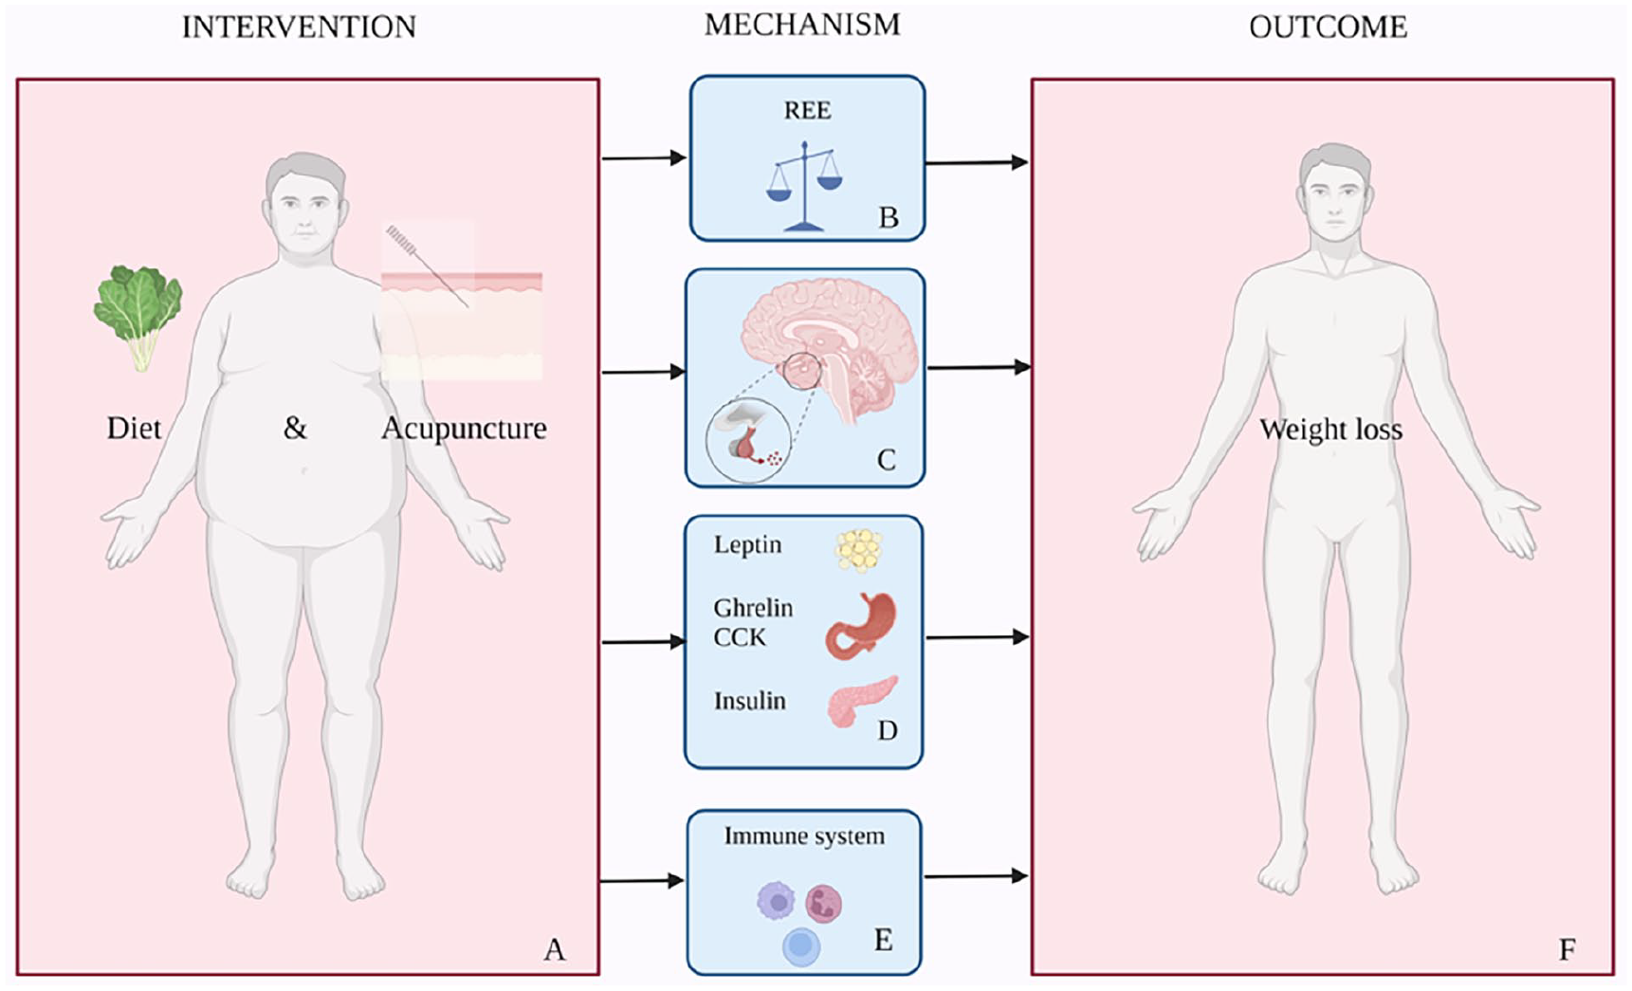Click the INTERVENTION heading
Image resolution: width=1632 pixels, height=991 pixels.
(x=299, y=27)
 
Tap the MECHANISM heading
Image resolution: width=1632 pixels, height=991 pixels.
(x=802, y=25)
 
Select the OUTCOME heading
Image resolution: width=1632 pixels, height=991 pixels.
(x=1328, y=28)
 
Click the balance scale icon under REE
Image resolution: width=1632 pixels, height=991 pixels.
(x=804, y=186)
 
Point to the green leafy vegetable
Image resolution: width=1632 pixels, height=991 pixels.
(x=138, y=312)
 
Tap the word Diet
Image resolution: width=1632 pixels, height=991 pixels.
(x=134, y=429)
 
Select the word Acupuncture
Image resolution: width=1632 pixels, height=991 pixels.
(x=464, y=429)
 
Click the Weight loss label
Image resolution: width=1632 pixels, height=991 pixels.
(x=1330, y=430)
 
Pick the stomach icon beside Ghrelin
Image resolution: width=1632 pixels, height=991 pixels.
(x=860, y=626)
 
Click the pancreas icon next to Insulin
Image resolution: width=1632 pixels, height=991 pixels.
(x=861, y=701)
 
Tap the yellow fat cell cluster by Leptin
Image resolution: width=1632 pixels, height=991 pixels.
(x=859, y=550)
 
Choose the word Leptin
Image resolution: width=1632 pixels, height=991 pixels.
(x=747, y=545)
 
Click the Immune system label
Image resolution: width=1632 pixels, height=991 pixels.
(x=804, y=835)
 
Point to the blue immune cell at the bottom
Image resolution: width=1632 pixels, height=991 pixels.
(x=801, y=946)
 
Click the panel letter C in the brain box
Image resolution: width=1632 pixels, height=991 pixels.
(x=886, y=460)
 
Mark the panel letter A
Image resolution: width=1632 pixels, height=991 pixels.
(x=554, y=949)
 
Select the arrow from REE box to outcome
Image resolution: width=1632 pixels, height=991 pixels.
(x=977, y=163)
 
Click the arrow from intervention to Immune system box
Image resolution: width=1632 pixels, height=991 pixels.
(x=642, y=881)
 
